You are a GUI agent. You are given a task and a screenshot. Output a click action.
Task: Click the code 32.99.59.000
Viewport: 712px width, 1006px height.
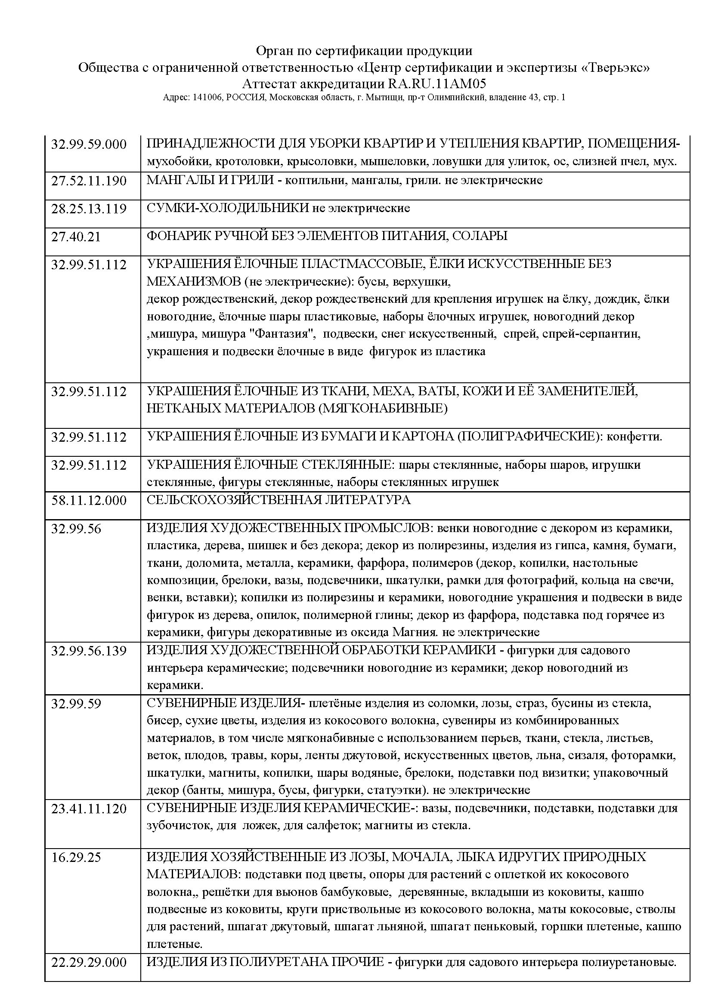[89, 144]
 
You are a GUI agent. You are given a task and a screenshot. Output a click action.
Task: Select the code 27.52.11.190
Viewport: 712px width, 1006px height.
[89, 181]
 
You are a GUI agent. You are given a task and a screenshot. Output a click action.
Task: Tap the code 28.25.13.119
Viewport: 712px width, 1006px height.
[89, 209]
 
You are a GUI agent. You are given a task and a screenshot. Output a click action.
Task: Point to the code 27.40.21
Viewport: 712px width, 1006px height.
[76, 237]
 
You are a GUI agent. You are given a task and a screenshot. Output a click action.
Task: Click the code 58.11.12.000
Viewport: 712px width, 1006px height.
[89, 500]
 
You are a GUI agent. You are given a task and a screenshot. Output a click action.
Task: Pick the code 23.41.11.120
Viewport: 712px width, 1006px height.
[89, 809]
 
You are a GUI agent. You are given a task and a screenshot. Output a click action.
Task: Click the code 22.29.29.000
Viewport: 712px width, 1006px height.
[89, 972]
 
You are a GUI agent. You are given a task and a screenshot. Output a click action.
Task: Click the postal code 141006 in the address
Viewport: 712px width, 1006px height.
[206, 98]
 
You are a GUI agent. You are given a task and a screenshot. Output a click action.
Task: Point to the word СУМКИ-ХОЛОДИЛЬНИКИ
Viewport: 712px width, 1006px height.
[228, 208]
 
